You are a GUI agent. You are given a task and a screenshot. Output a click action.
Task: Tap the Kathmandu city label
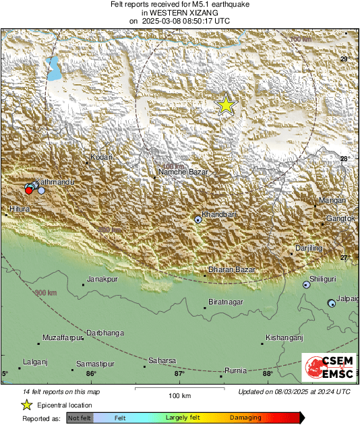pos(54,183)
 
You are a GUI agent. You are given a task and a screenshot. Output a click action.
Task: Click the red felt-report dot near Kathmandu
pos(28,191)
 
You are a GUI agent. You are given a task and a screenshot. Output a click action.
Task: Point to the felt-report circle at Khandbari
pos(198,219)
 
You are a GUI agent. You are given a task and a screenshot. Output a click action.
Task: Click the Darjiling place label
pos(309,249)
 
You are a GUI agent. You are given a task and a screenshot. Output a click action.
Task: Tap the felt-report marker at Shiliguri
pos(307,285)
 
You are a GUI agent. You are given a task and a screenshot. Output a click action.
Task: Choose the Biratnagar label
pos(225,302)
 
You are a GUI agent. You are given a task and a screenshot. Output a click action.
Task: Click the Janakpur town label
pos(102,279)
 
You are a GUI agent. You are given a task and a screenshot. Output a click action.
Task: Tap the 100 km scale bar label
pos(180,395)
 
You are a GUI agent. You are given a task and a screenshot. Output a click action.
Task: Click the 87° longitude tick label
pos(180,374)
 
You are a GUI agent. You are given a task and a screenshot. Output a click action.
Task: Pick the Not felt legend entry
pos(80,418)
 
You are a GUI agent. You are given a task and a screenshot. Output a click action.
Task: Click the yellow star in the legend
pos(26,405)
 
